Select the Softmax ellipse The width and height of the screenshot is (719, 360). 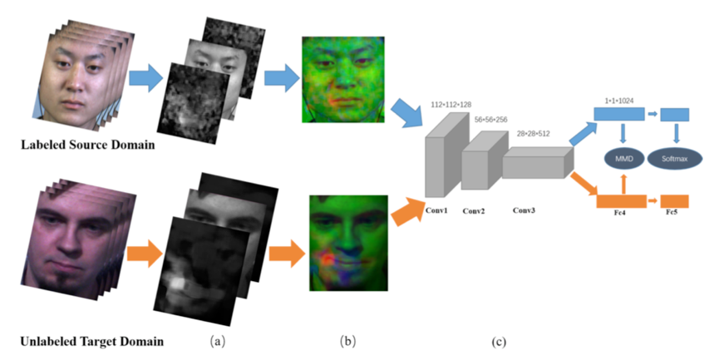click(675, 158)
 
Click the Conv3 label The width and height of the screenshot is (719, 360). click(524, 210)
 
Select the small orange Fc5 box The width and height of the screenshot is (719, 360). click(674, 201)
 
